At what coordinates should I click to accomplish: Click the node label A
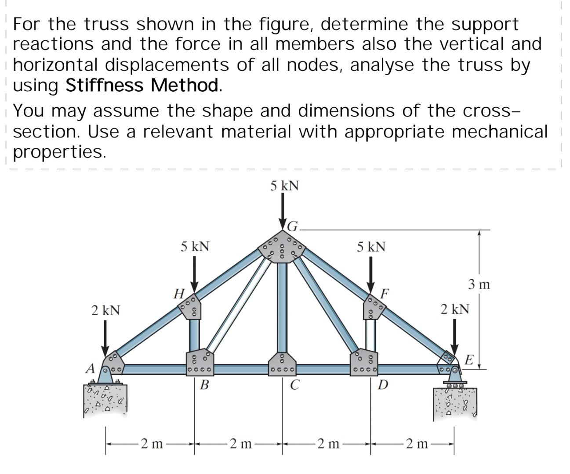pos(90,368)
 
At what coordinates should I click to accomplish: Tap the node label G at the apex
pos(293,226)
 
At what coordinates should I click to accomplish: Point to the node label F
pos(385,293)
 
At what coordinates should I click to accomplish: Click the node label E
pos(469,361)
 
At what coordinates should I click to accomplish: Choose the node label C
pos(295,385)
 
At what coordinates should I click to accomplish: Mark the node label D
pos(383,385)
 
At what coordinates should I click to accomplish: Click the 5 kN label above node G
pos(284,186)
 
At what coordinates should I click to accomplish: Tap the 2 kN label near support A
pos(105,310)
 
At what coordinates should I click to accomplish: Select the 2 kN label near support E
pos(455,309)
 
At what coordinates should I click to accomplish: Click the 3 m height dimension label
pos(479,285)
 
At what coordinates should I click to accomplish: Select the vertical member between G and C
pos(282,307)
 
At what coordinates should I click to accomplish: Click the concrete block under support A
pos(105,399)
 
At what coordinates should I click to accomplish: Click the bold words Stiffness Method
pos(144,85)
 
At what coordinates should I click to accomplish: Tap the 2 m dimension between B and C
pos(240,444)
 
